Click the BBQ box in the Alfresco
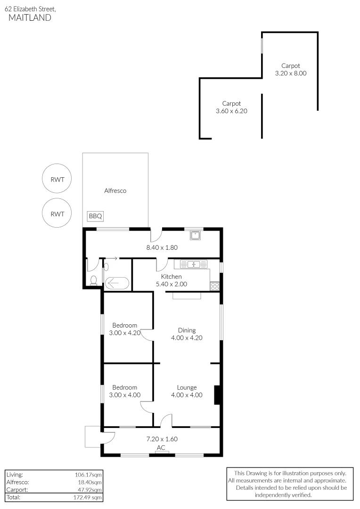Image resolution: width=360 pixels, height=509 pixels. coord(95,216)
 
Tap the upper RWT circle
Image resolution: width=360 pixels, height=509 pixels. coord(57,179)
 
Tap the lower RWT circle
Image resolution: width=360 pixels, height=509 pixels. coord(57,213)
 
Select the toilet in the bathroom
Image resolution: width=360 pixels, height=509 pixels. coord(93,280)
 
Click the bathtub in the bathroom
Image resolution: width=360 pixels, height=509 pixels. coord(116,284)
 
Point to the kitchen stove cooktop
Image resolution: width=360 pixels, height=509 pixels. coord(215,286)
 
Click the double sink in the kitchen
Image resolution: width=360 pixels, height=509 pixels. coord(193,264)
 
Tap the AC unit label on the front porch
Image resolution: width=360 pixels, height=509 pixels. coord(161,448)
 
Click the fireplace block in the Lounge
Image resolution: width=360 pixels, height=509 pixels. coord(217,395)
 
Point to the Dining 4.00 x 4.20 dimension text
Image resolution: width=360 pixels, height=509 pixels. coord(187,337)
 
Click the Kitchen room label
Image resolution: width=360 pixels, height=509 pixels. coord(172,277)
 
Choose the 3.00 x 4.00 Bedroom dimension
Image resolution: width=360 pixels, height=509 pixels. coord(125,395)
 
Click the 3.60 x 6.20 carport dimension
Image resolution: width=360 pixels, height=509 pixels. coord(231,111)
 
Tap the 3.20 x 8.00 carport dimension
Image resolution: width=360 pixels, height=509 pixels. coord(291,73)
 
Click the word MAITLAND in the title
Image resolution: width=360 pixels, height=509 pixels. coord(30,18)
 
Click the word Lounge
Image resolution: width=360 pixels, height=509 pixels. coord(187,387)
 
